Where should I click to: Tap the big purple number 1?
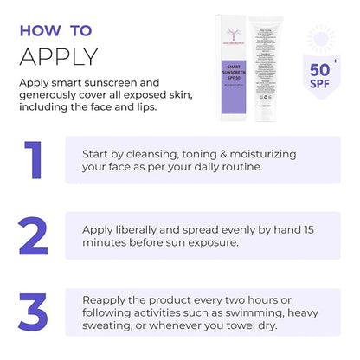(x=33, y=160)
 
